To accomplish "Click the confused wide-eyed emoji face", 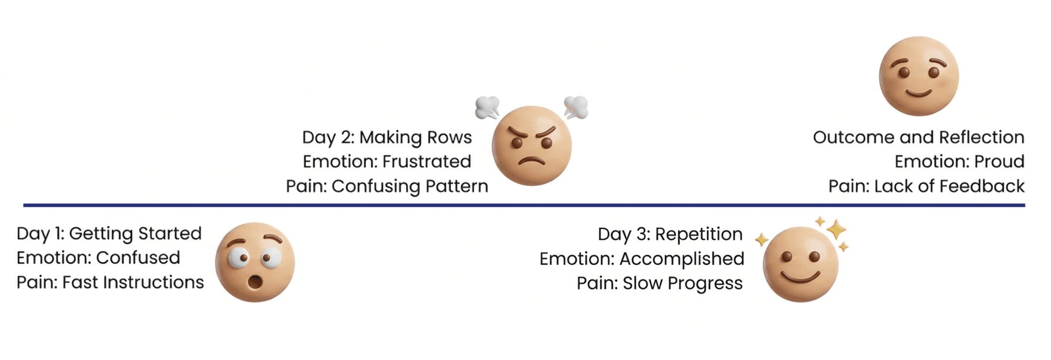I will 255,262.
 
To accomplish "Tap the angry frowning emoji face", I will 532,146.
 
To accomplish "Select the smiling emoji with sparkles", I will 801,264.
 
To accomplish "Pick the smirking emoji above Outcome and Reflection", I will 918,76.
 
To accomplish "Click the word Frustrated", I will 426,162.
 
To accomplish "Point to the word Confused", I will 138,258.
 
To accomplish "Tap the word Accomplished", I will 682,259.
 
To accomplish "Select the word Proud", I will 999,162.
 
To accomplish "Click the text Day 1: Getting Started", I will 109,233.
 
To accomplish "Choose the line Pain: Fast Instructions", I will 110,282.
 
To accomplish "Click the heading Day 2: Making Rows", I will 387,137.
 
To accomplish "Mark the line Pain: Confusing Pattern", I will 387,186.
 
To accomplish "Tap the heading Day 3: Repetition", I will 670,234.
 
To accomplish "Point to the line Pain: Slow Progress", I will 660,284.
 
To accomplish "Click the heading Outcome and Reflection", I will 918,137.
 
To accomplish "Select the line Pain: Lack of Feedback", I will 926,186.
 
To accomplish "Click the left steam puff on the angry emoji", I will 487,107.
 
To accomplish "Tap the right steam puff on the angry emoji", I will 576,107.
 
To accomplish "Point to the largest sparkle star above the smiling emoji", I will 835,229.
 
